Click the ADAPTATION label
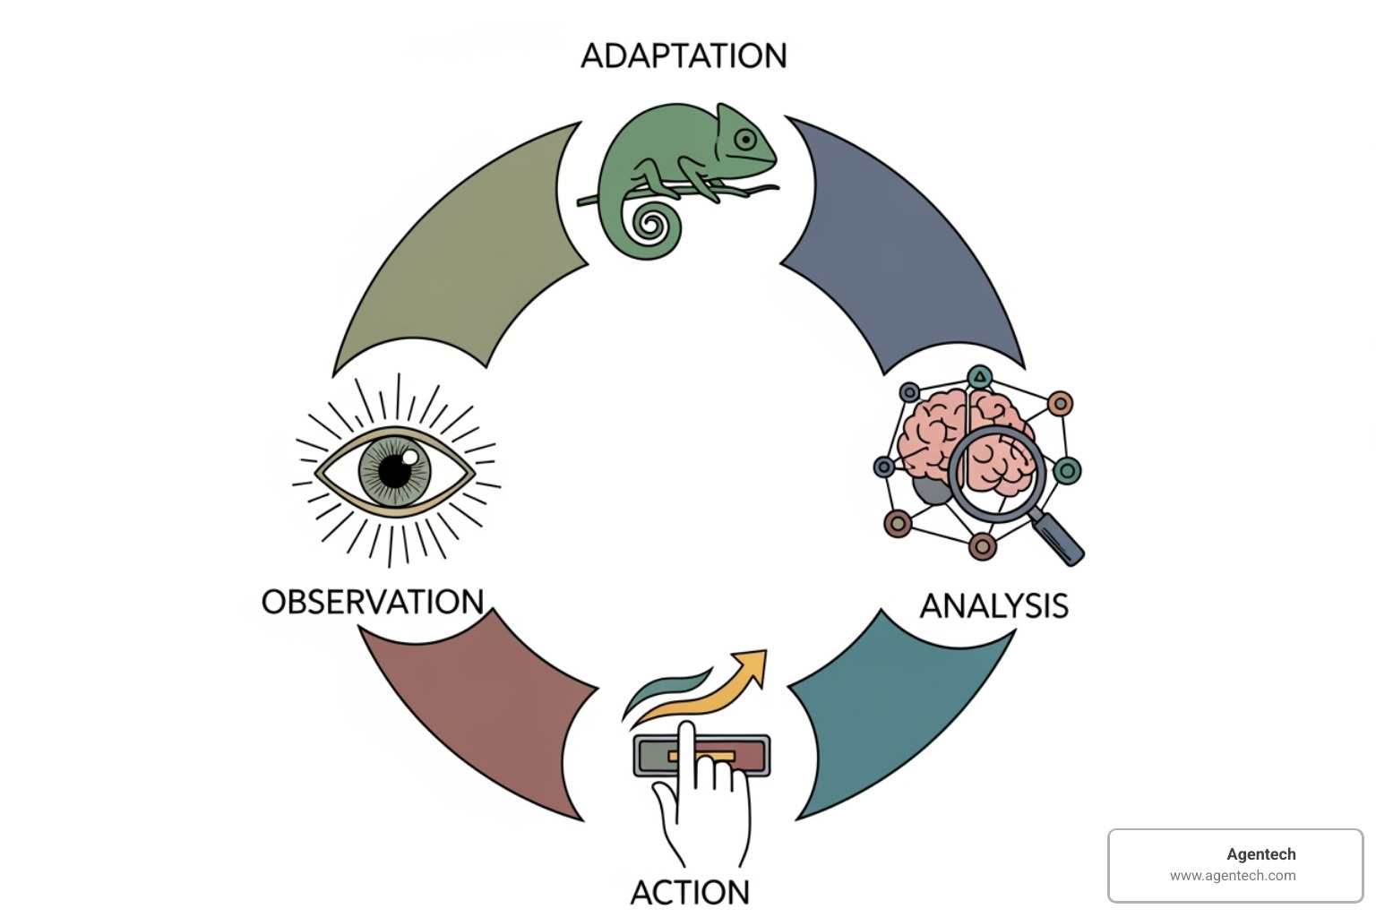point(684,56)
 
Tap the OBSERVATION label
point(373,602)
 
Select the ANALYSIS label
point(993,606)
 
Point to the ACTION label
point(690,892)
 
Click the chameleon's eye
point(745,140)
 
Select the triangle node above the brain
point(981,376)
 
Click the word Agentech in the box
point(1261,854)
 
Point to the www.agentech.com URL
point(1233,876)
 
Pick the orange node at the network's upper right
point(1060,404)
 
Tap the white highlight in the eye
point(409,458)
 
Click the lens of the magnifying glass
point(997,472)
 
